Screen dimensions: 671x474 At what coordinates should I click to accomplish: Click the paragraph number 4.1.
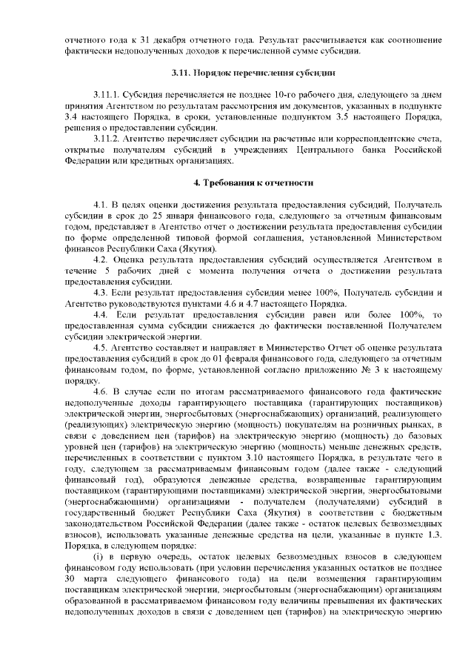[x=100, y=204]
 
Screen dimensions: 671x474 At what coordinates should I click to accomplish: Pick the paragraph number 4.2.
[x=100, y=260]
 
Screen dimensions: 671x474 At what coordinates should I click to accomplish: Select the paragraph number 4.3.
[x=100, y=292]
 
